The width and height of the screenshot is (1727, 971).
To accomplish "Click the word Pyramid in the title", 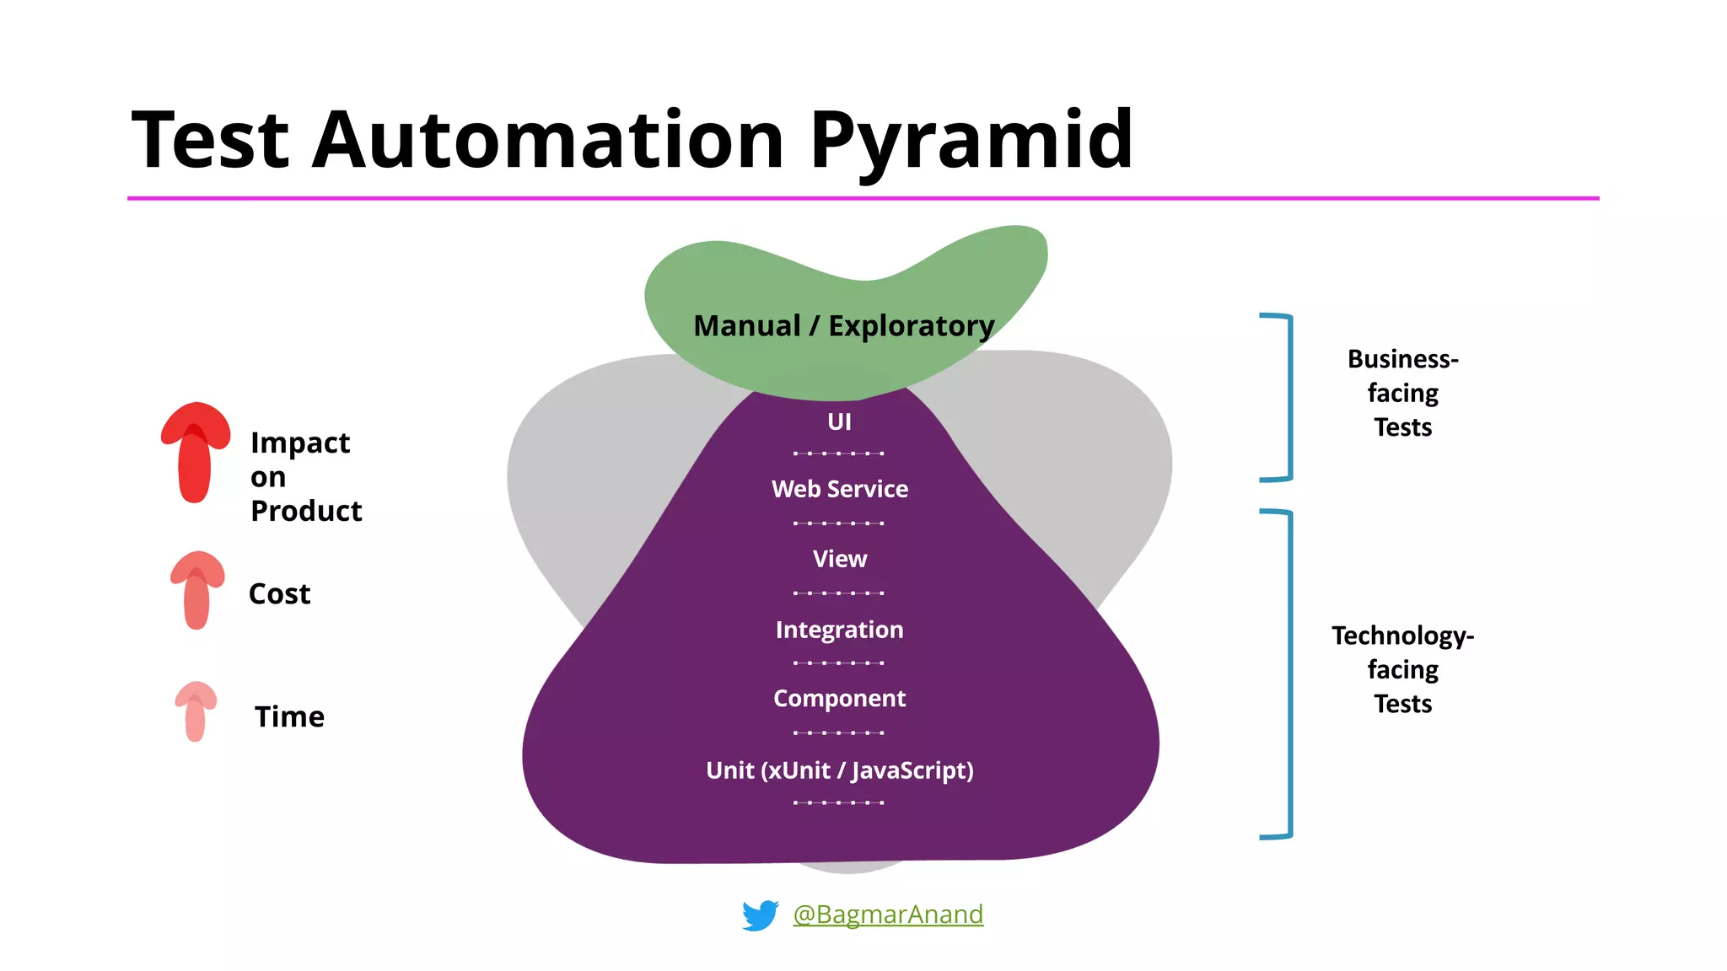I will pos(971,140).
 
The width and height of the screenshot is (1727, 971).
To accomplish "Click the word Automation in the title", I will pos(548,140).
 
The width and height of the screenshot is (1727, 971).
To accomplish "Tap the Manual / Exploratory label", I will pos(843,325).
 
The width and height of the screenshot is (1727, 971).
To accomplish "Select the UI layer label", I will pos(839,421).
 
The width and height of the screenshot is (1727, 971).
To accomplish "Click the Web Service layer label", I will pos(840,489).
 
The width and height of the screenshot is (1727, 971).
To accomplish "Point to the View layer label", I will pos(840,559).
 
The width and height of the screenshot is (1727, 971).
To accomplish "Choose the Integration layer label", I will pos(840,630).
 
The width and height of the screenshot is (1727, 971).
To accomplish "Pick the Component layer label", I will pos(840,699).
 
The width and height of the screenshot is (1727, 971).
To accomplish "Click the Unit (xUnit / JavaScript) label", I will pos(840,770).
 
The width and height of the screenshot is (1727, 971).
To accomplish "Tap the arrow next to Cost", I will pos(197,590).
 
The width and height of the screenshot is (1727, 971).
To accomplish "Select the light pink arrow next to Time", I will pos(196,711).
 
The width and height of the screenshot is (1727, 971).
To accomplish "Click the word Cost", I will pos(280,594).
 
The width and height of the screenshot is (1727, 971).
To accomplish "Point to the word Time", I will pos(289,717).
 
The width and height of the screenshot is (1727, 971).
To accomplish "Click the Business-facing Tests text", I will pos(1402,393).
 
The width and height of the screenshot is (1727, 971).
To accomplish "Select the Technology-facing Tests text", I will pos(1402,669).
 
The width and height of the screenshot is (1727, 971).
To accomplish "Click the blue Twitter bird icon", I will pos(760,915).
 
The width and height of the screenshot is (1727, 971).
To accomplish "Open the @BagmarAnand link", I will pos(888,915).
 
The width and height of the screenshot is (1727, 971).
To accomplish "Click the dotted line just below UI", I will pos(839,453).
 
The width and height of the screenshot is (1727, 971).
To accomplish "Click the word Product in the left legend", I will pos(306,512).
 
